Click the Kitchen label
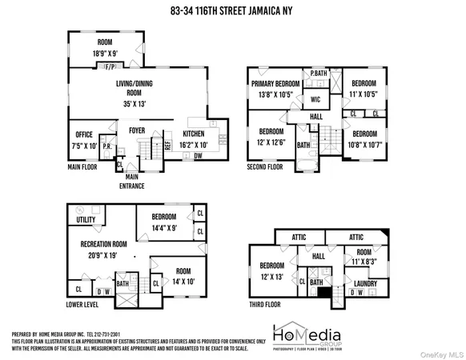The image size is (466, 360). pyautogui.click(x=193, y=134)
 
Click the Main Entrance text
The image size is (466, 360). pyautogui.click(x=132, y=182)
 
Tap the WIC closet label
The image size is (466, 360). pyautogui.click(x=315, y=100)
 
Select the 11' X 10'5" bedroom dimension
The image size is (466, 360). pyautogui.click(x=364, y=94)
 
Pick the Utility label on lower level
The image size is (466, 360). pyautogui.click(x=86, y=219)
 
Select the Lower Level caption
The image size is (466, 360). pyautogui.click(x=86, y=304)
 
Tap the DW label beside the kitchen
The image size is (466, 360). pyautogui.click(x=197, y=156)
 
